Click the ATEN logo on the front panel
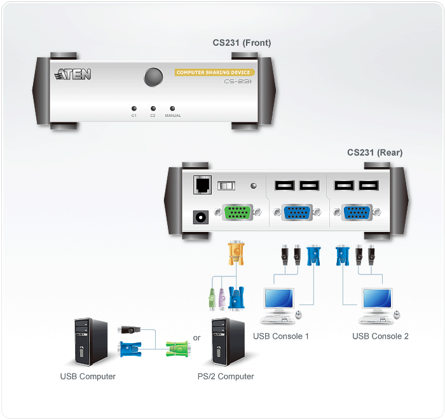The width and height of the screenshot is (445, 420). [73, 75]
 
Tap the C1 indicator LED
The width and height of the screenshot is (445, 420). [134, 108]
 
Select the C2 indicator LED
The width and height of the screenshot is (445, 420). [153, 108]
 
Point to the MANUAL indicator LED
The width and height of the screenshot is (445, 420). [172, 108]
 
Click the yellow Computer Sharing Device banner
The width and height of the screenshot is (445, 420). [214, 72]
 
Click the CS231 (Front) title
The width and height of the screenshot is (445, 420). [242, 43]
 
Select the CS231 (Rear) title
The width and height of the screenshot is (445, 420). [374, 152]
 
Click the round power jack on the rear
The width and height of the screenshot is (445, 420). [202, 217]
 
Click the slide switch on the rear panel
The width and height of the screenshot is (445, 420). [226, 186]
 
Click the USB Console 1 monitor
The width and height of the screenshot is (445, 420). [278, 299]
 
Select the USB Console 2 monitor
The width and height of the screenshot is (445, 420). [376, 299]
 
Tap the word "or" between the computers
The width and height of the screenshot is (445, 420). [197, 338]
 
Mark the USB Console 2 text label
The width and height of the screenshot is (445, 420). [380, 336]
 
